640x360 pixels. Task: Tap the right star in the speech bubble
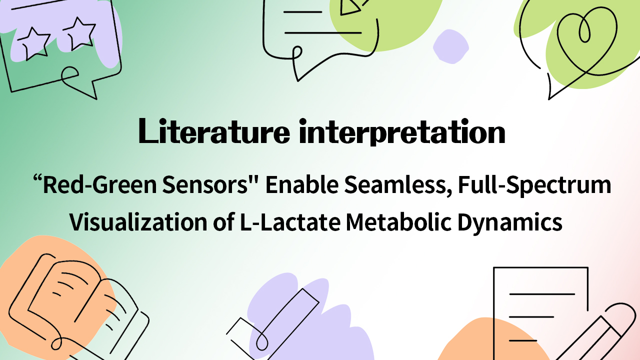78,32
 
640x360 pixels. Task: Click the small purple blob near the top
450,46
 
